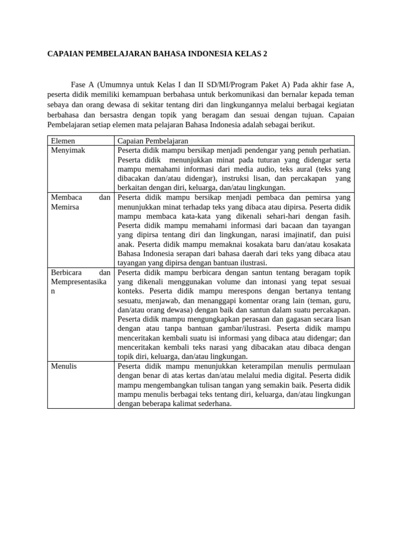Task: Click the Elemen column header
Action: tap(63, 141)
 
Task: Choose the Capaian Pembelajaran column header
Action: tap(153, 141)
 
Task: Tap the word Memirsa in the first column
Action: tap(65, 207)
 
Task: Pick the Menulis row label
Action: tap(64, 366)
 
